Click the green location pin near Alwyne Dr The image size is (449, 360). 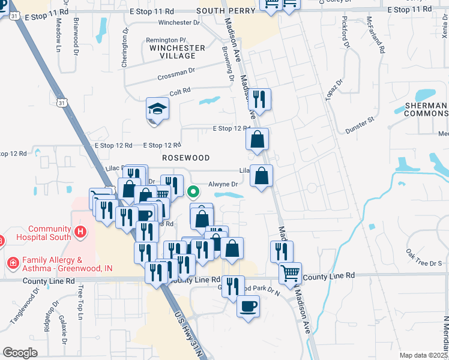click(x=193, y=192)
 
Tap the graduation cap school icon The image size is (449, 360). click(x=157, y=110)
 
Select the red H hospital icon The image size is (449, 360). click(x=79, y=232)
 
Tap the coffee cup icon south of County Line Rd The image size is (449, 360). click(x=248, y=307)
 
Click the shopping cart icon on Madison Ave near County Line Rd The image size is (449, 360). click(x=291, y=272)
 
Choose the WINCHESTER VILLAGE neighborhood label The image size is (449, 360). click(x=177, y=52)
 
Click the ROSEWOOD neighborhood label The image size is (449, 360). click(x=186, y=158)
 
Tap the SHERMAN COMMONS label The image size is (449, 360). click(x=426, y=109)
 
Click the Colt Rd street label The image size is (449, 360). click(x=179, y=92)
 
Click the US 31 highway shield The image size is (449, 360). click(x=62, y=103)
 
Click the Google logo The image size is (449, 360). click(x=20, y=353)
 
